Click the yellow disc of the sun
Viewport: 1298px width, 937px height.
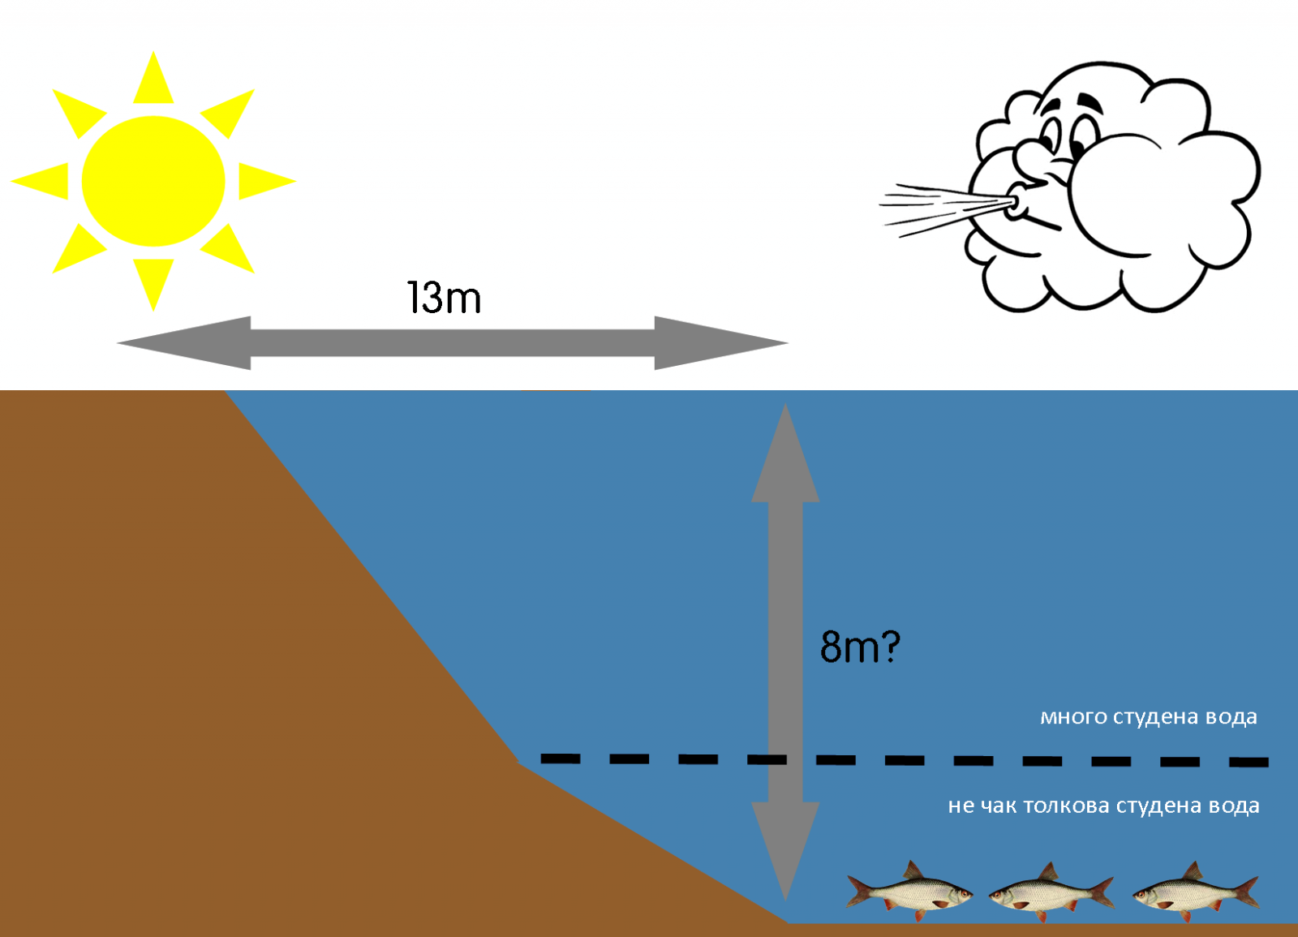[153, 181]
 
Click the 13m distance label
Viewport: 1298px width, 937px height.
[444, 298]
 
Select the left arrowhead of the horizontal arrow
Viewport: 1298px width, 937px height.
[187, 343]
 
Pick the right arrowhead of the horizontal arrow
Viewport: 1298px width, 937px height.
[718, 343]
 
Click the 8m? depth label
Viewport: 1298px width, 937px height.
[860, 647]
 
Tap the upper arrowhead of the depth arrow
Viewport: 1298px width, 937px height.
[785, 458]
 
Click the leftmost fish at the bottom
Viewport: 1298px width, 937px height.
[909, 891]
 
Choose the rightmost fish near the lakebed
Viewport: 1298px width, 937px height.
[1194, 892]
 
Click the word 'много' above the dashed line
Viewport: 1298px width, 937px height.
[1073, 717]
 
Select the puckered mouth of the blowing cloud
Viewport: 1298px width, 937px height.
[1014, 204]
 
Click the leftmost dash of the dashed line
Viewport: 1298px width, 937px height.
[561, 759]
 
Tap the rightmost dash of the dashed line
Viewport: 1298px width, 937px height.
[1249, 762]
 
